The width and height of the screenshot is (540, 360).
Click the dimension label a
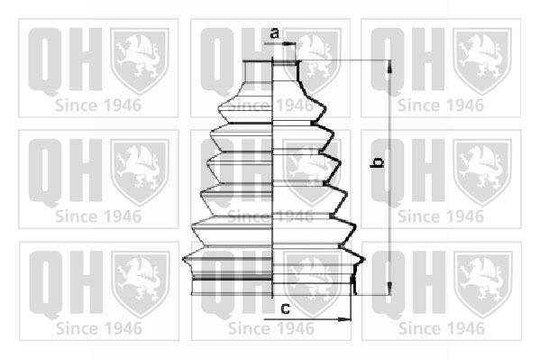[274, 33]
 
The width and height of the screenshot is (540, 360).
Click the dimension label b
[377, 162]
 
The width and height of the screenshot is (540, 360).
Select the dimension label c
[285, 309]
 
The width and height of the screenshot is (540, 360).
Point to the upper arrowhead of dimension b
[389, 66]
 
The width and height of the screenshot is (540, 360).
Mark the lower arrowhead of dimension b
[389, 289]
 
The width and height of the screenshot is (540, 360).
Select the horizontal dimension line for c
[307, 319]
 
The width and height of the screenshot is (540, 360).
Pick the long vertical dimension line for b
[389, 178]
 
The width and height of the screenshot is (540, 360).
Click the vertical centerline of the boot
[272, 178]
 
